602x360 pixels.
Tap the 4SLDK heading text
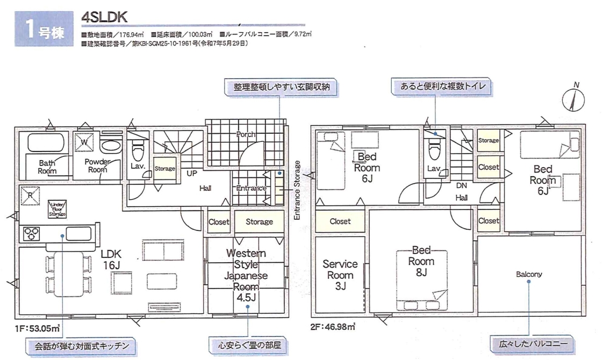pyautogui.click(x=104, y=18)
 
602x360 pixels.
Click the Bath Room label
pyautogui.click(x=47, y=167)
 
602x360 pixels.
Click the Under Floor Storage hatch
pyautogui.click(x=58, y=209)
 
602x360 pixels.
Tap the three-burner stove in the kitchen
pyautogui.click(x=30, y=233)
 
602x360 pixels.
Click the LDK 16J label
pyautogui.click(x=116, y=258)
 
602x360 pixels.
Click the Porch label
pyautogui.click(x=245, y=134)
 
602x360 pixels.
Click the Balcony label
pyautogui.click(x=528, y=274)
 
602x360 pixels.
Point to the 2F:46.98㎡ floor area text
pyautogui.click(x=333, y=326)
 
